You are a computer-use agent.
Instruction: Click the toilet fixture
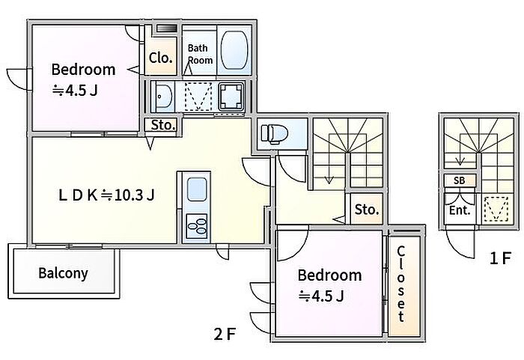(x=275, y=134)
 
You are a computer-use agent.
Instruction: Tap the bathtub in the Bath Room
(x=234, y=50)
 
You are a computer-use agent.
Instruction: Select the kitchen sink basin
(x=197, y=189)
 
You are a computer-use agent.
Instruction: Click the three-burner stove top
(x=196, y=226)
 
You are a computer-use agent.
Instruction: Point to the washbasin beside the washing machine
(x=164, y=97)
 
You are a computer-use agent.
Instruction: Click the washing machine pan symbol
(x=231, y=97)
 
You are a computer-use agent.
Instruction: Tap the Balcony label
(x=63, y=273)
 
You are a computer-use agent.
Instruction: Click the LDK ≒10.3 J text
(x=106, y=195)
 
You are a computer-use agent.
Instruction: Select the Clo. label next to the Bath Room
(x=161, y=58)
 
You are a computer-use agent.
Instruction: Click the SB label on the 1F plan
(x=460, y=181)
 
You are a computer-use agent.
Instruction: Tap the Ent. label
(x=460, y=210)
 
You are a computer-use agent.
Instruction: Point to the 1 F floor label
(x=500, y=258)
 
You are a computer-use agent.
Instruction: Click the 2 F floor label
(x=225, y=334)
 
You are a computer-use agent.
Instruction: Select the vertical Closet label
(x=401, y=284)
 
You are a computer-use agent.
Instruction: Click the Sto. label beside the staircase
(x=367, y=210)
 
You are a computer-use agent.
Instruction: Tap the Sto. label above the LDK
(x=163, y=125)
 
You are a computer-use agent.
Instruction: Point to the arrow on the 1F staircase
(x=460, y=150)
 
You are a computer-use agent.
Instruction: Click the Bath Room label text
(x=200, y=54)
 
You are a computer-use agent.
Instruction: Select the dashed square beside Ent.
(x=496, y=210)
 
